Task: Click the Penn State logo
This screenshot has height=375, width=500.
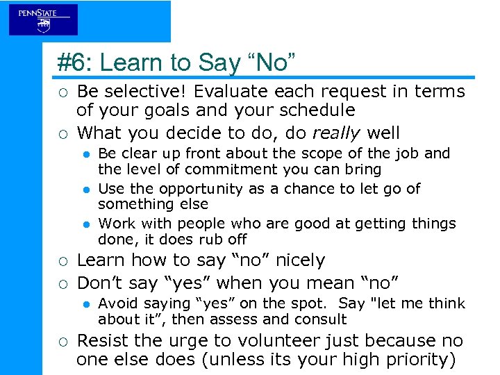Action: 43,19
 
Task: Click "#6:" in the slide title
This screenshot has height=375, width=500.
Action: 74,63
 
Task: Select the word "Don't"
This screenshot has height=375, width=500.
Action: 99,283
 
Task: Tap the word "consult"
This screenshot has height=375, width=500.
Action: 321,319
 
